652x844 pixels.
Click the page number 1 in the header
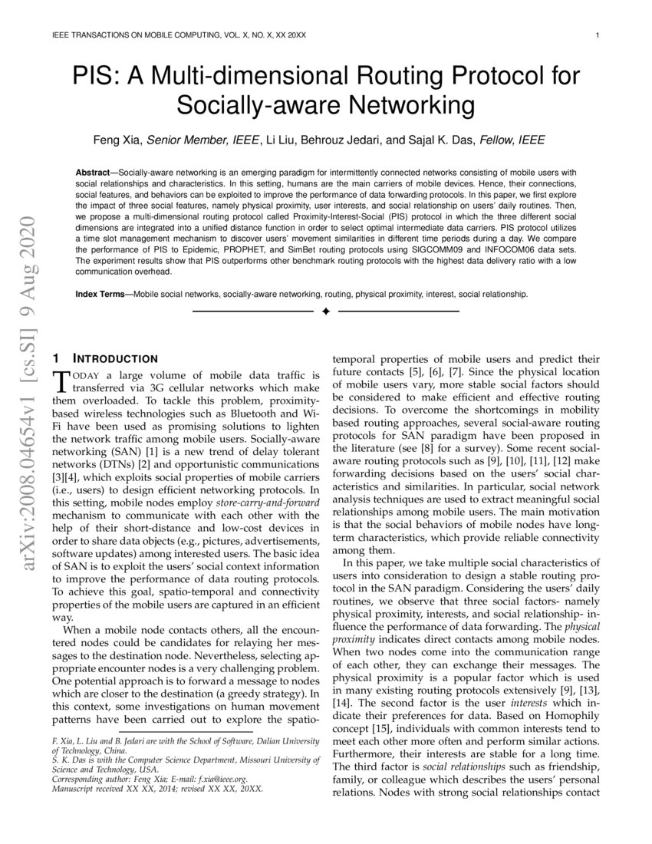tap(596, 35)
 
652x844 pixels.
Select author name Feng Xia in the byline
tap(117, 140)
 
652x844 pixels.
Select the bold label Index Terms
tap(102, 294)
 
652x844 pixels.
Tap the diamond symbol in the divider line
tap(325, 312)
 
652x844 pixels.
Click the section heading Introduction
tap(115, 358)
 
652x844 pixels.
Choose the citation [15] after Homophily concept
tap(393, 727)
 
